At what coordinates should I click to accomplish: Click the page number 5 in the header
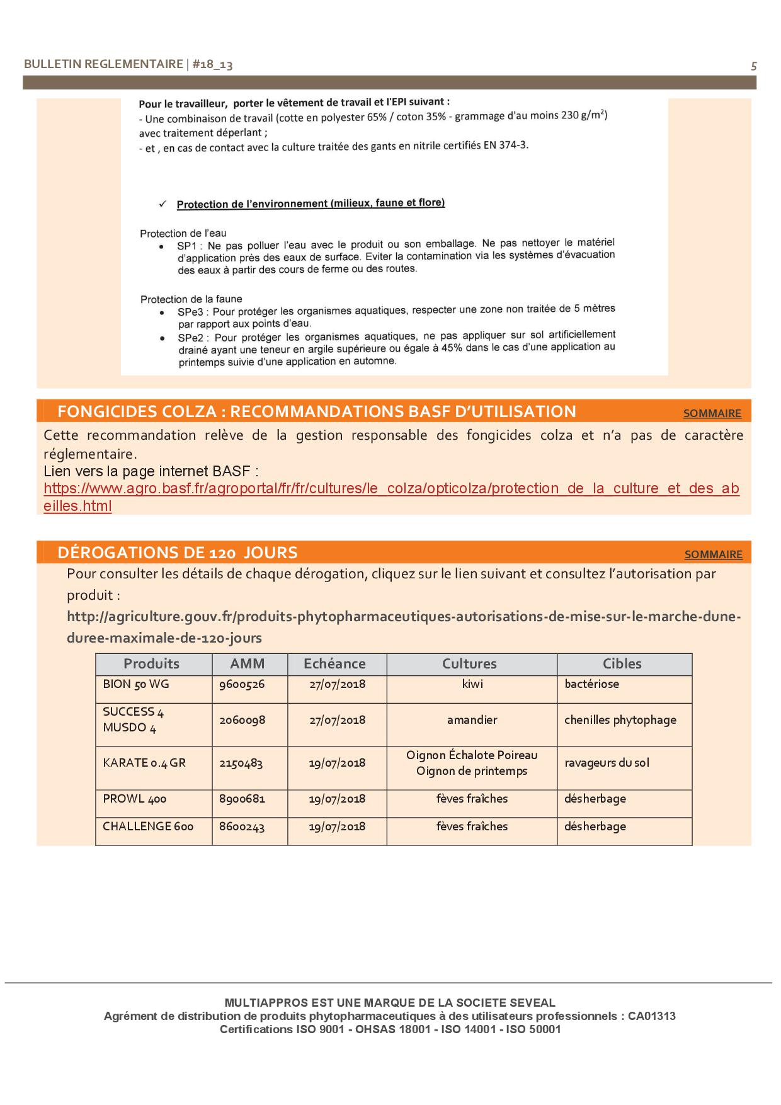754,66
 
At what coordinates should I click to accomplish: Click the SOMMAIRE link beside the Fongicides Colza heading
712,413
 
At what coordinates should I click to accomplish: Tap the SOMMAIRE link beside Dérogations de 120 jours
713,554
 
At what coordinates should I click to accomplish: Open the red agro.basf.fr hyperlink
390,489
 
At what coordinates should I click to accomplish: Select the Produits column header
151,663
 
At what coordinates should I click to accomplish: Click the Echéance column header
334,663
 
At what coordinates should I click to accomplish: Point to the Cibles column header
622,663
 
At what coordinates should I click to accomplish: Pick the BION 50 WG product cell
136,684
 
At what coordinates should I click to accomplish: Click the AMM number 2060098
242,720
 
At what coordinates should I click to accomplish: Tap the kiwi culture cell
472,684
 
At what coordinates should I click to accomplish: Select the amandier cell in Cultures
472,720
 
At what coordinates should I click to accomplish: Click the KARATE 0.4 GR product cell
144,763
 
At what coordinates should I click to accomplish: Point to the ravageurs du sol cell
607,763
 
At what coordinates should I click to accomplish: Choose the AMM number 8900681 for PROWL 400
242,799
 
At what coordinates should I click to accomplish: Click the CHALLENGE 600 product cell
148,827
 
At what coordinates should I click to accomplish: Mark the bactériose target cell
591,684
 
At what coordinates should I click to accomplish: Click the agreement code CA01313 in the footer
651,1016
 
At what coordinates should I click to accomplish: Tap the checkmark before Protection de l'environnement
162,204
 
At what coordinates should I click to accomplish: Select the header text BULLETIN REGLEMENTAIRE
103,64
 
